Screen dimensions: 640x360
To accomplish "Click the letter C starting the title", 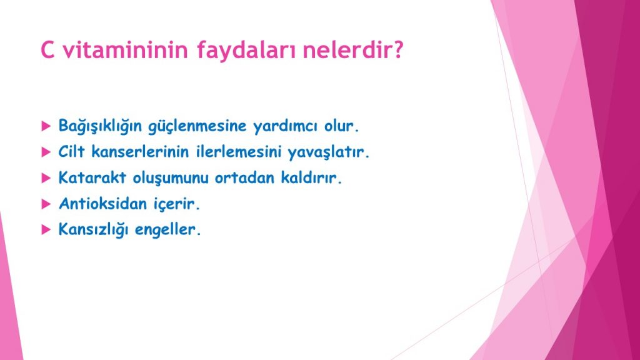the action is (47, 49).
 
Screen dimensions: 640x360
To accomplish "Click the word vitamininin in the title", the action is (125, 49).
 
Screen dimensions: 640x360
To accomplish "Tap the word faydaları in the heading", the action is (246, 51).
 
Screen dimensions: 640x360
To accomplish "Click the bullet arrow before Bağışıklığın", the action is (46, 126).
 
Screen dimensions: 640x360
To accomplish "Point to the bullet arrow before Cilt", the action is (46, 152).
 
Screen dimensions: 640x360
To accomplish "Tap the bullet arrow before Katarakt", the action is (46, 178).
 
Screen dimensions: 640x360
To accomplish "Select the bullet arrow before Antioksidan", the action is (46, 204).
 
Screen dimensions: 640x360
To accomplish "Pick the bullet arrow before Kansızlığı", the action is (46, 230).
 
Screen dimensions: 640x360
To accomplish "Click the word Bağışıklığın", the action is (99, 126).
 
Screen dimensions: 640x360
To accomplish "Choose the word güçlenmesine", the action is (197, 126).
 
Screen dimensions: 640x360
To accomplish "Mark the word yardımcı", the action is (285, 126).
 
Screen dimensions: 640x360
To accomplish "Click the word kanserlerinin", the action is (140, 152).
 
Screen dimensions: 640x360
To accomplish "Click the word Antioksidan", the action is (102, 203).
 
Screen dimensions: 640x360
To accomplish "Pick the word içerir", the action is (174, 204).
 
